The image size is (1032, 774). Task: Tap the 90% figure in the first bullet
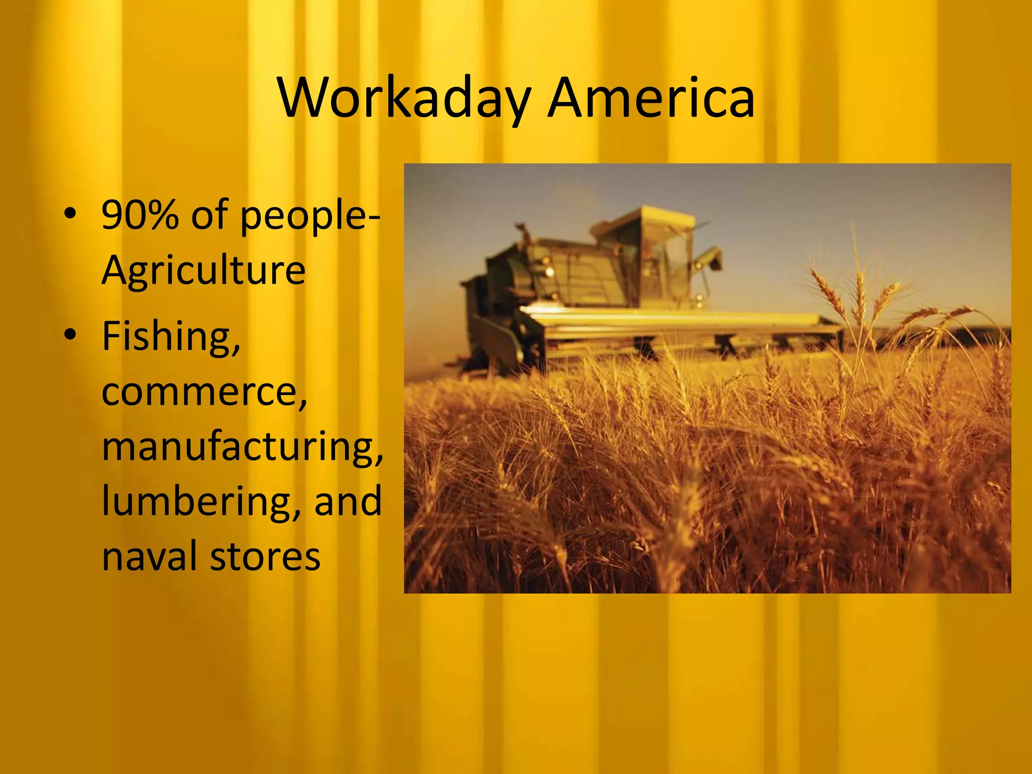[x=140, y=215]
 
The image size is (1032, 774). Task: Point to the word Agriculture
[x=204, y=271]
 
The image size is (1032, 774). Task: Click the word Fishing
[x=171, y=337]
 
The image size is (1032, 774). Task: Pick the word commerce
[x=204, y=392]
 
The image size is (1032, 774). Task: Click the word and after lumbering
[x=348, y=501]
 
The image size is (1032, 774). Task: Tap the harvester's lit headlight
[x=550, y=273]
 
